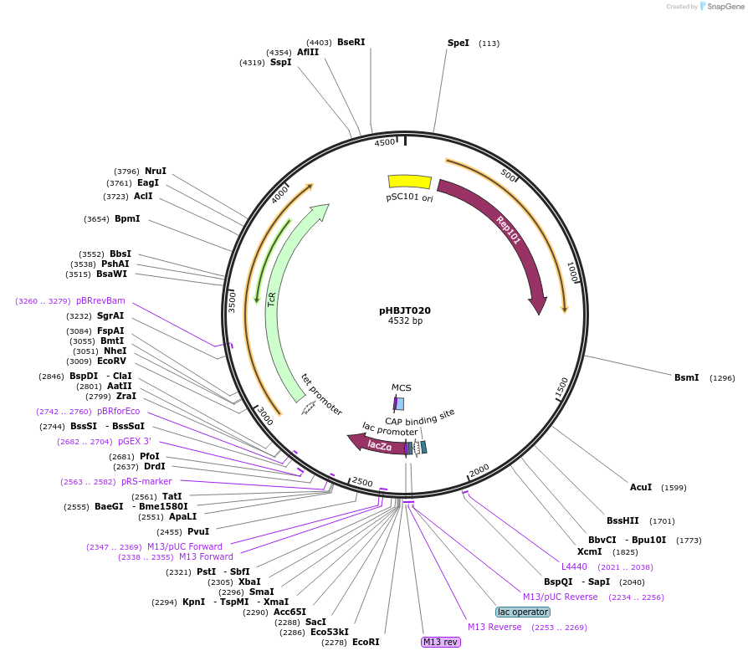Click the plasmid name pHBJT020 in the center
[405, 310]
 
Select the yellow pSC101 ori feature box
[410, 182]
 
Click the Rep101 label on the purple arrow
[508, 230]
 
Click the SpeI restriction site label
[459, 43]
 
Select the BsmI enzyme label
[686, 377]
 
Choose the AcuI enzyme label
[641, 487]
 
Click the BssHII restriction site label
[622, 520]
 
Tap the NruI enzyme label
[156, 171]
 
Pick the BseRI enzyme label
[351, 42]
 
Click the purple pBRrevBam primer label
[100, 300]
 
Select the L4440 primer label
[574, 566]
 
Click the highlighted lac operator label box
[522, 612]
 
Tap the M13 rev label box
[440, 642]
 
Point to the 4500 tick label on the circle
[385, 142]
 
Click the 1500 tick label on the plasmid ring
[562, 386]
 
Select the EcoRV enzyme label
[111, 361]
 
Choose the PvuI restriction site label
[198, 530]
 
